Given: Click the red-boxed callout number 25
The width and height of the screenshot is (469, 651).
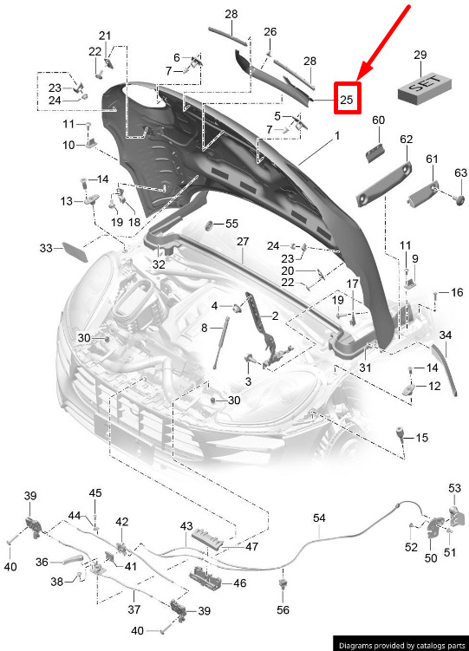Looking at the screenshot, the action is coord(347,99).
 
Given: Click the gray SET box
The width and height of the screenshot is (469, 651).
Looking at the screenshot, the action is coord(425,88).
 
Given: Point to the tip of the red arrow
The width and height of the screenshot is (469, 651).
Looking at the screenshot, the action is coord(357,80).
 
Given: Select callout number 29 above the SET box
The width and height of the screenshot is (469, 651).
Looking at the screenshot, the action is coord(420,55).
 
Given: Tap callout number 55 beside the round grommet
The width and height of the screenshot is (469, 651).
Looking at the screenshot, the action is coord(231,224).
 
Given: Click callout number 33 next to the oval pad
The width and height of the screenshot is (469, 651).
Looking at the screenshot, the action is coord(46,248).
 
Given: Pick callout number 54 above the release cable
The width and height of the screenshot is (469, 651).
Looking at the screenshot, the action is coord(319,518).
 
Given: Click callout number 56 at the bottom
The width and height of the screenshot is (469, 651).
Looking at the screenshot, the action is coord(283,609).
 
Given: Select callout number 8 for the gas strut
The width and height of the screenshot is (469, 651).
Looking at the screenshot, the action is coord(205,328).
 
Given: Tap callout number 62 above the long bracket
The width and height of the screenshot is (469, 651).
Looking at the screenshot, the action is coord(407,139).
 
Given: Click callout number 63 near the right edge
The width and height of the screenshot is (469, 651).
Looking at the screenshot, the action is coord(460,173).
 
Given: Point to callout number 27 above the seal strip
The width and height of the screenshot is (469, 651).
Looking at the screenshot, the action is coord(243,241).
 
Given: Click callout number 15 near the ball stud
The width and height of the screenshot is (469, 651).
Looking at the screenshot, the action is coord(421,438).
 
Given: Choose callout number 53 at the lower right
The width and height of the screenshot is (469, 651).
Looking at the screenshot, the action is coord(454,488).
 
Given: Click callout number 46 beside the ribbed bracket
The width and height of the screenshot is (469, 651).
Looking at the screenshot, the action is coord(240,583).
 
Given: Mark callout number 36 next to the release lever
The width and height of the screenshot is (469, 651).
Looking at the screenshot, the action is coord(42,563).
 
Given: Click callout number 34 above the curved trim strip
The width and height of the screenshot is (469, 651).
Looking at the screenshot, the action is coord(446,335).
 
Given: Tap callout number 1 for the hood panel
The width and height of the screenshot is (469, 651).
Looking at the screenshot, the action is coord(337,136).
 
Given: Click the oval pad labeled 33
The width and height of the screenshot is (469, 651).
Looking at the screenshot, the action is coord(75,252).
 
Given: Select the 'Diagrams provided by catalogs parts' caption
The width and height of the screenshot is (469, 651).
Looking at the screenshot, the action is coord(402,645).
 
